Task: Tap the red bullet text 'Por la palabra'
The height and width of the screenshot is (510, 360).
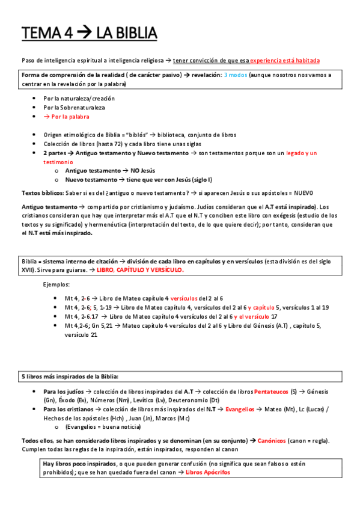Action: pos(71,117)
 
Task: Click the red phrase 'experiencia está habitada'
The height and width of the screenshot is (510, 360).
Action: pos(285,61)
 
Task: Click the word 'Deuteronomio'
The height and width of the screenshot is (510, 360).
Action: pos(195,401)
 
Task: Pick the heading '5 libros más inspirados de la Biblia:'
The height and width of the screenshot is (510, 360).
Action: pos(70,376)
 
